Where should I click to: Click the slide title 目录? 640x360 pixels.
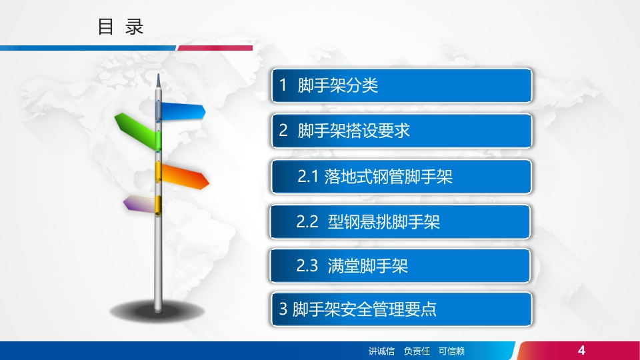(121, 27)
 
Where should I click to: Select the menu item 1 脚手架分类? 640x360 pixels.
(401, 85)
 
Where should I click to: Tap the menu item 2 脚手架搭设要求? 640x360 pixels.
(401, 131)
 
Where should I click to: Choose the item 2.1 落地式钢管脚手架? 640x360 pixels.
(401, 176)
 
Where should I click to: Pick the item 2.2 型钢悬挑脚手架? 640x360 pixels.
(400, 221)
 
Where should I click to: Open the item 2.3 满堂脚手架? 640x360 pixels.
(400, 266)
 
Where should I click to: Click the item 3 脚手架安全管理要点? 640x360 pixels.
(401, 309)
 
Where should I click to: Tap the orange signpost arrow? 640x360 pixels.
(185, 176)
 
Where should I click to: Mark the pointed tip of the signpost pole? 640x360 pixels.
(159, 74)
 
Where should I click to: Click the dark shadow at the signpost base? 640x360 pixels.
(157, 312)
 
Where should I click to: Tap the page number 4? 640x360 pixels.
(581, 350)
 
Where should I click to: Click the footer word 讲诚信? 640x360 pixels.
(381, 351)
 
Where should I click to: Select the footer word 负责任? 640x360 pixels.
(417, 351)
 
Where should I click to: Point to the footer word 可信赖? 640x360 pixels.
(451, 351)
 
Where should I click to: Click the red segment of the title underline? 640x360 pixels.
(215, 48)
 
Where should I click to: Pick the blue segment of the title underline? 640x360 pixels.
(88, 48)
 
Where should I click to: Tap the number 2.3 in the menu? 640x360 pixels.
(307, 266)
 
